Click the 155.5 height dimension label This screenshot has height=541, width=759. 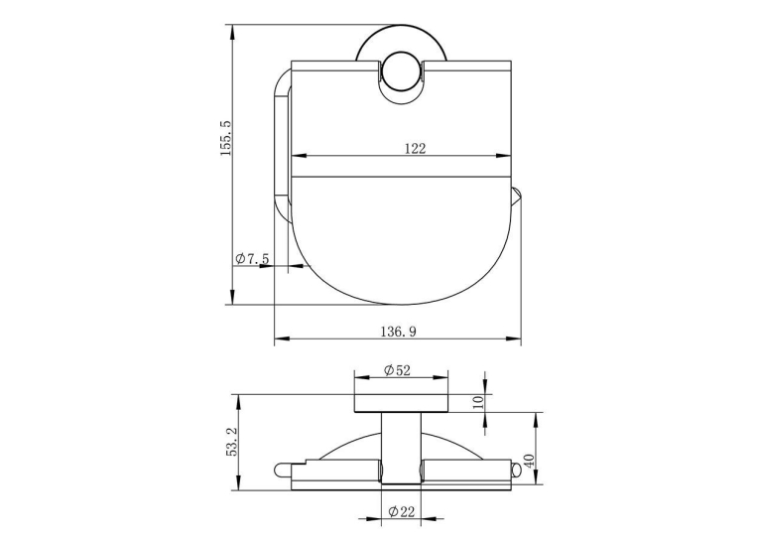(225, 139)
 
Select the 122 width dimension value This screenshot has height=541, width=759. (416, 148)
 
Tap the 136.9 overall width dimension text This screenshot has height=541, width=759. (398, 332)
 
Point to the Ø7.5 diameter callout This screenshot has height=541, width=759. (252, 259)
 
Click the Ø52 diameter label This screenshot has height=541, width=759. (397, 370)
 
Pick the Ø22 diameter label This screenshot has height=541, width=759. (402, 511)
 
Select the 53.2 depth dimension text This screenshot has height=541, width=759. (231, 441)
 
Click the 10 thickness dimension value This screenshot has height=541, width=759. (478, 402)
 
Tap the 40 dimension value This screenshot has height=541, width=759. (529, 461)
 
